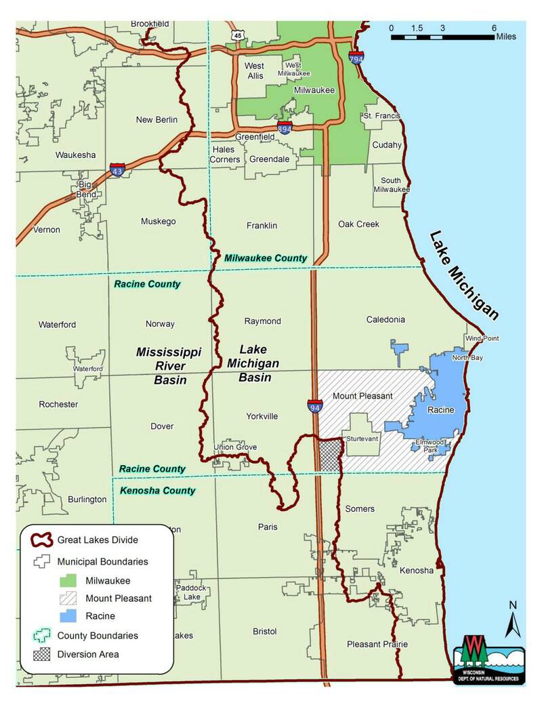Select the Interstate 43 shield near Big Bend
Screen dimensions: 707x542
point(117,170)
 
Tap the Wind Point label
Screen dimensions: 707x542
point(481,338)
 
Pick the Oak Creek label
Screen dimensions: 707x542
point(359,224)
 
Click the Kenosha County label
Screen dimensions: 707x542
point(157,490)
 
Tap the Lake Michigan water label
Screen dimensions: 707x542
point(464,275)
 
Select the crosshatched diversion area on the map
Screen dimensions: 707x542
point(329,456)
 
